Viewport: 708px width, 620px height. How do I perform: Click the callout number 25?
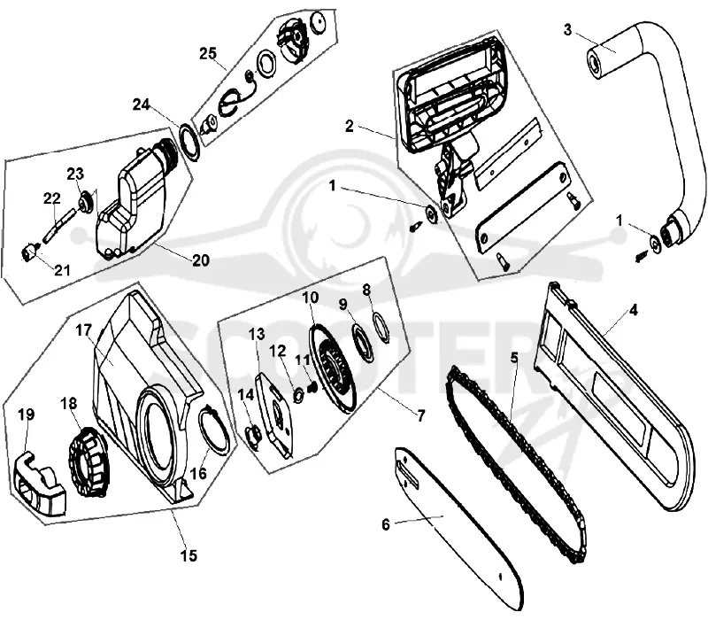pyautogui.click(x=208, y=53)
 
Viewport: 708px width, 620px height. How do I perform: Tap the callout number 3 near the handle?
pyautogui.click(x=567, y=30)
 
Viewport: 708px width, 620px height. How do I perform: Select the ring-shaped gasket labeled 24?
pyautogui.click(x=190, y=142)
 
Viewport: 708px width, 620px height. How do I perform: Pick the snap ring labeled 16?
pyautogui.click(x=214, y=430)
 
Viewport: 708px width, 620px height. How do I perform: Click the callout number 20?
pyautogui.click(x=201, y=260)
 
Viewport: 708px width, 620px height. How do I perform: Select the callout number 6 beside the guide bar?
pyautogui.click(x=385, y=524)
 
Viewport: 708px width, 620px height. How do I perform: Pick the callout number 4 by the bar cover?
pyautogui.click(x=633, y=310)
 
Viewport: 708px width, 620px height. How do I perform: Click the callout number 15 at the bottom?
pyautogui.click(x=189, y=555)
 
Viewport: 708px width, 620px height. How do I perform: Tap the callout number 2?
pyautogui.click(x=349, y=126)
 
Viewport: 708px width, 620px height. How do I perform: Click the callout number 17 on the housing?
pyautogui.click(x=83, y=330)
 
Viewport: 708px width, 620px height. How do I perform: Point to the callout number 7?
pyautogui.click(x=421, y=415)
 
